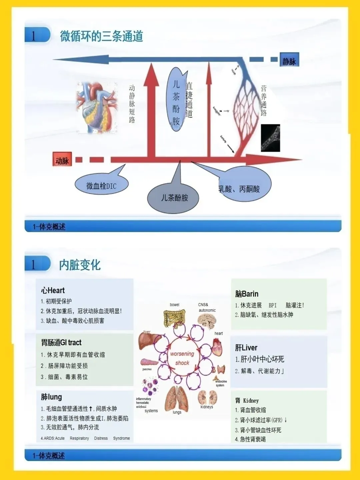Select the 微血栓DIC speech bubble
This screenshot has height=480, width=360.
point(101,185)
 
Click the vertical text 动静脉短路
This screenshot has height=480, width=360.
point(132,104)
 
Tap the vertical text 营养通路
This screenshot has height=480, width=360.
point(264,100)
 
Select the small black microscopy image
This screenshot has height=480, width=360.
point(270,138)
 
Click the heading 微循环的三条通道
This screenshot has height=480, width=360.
point(101,36)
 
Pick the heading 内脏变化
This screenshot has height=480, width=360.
point(80,265)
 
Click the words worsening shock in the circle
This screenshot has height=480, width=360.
point(182,358)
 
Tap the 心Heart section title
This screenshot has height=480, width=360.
point(53,290)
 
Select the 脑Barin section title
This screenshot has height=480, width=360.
point(247,294)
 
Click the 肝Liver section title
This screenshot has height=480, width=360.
point(246,348)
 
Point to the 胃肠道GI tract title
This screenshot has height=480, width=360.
point(61,342)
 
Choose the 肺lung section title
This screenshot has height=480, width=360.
point(51,397)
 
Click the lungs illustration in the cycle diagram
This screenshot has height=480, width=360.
point(177,398)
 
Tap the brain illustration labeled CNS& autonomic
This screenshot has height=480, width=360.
point(207,321)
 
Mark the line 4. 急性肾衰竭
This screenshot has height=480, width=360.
point(250,439)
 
